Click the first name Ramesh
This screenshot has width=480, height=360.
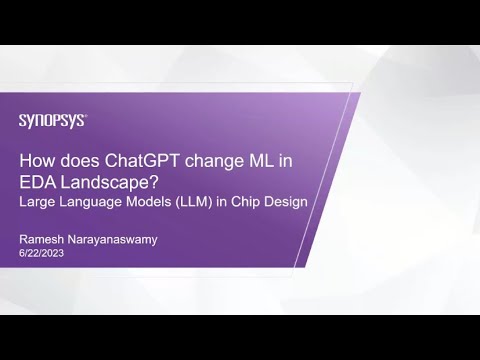click(42, 241)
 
